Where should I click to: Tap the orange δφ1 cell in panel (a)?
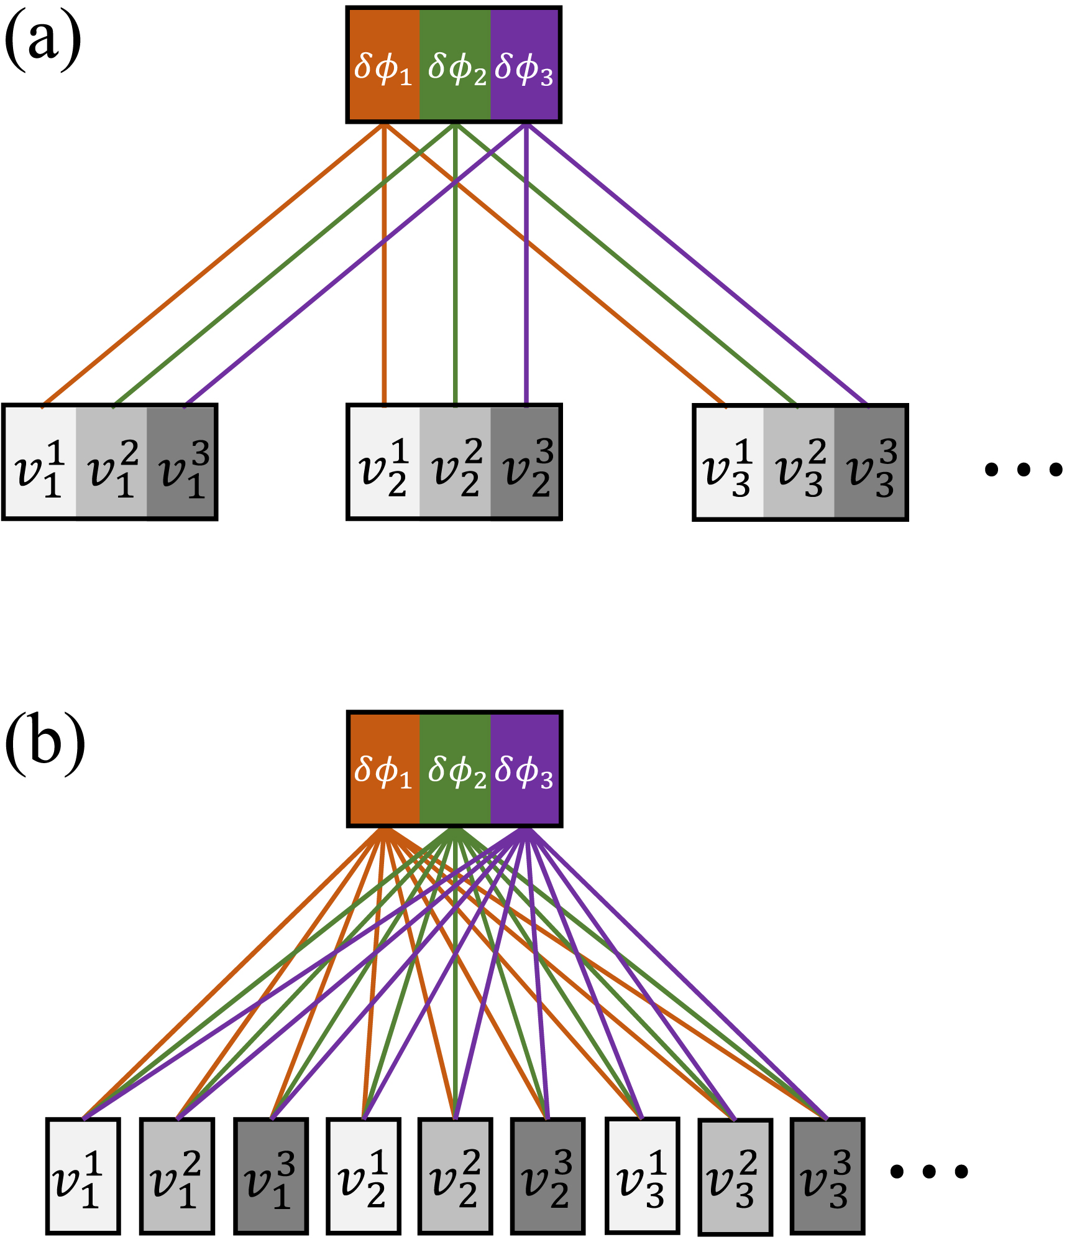coord(383,65)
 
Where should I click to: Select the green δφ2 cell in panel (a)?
coord(455,65)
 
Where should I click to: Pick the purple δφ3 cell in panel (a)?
coord(525,65)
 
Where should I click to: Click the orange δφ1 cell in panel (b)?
coord(383,769)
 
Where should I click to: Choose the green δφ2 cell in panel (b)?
coord(455,769)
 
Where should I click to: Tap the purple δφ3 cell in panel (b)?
coord(525,769)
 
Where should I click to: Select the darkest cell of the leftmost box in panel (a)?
coord(181,462)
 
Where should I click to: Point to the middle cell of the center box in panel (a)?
coord(455,462)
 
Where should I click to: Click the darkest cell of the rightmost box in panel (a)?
coord(870,462)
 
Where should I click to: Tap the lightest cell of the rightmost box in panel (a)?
coord(728,462)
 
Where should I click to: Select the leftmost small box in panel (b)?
coord(83,1175)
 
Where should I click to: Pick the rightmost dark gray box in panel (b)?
coord(827,1175)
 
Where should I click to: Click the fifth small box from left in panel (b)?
coord(455,1175)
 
